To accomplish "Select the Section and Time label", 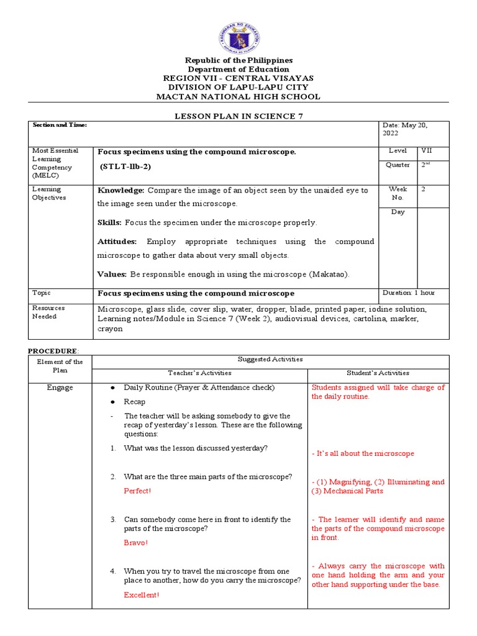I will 60,125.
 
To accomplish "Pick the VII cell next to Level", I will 427,151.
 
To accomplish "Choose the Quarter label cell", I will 397,165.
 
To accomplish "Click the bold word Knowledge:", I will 120,190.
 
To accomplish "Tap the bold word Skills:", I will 110,222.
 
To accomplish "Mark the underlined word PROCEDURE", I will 55,351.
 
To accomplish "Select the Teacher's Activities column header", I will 199,373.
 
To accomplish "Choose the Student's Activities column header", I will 378,373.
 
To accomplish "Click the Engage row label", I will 60,388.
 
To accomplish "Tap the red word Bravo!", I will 136,543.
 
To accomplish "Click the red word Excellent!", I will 141,595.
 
